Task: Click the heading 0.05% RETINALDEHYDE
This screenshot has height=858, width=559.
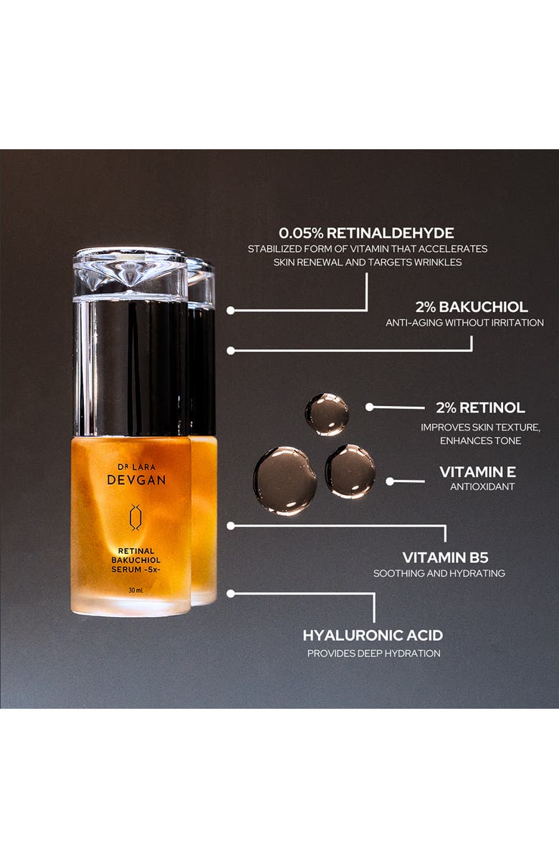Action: click(366, 233)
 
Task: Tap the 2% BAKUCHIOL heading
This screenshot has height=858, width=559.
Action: click(472, 306)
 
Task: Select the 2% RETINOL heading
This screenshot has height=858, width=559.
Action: click(480, 407)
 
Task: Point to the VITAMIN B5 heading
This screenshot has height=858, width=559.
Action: click(445, 557)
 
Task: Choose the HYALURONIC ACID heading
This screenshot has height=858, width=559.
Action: click(373, 636)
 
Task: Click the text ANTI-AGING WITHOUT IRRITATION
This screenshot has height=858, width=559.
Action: click(464, 323)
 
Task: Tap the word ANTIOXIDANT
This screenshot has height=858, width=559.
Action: click(482, 487)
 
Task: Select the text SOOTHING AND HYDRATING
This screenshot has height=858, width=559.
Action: click(439, 573)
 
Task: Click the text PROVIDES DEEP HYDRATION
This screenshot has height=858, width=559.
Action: click(373, 654)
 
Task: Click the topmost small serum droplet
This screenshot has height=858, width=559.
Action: click(327, 414)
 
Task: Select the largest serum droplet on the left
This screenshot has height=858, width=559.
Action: click(285, 480)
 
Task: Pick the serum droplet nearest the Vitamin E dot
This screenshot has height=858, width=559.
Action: click(350, 471)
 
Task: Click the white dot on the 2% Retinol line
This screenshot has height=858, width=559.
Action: click(369, 407)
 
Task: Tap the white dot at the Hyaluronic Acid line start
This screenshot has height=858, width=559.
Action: click(231, 593)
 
